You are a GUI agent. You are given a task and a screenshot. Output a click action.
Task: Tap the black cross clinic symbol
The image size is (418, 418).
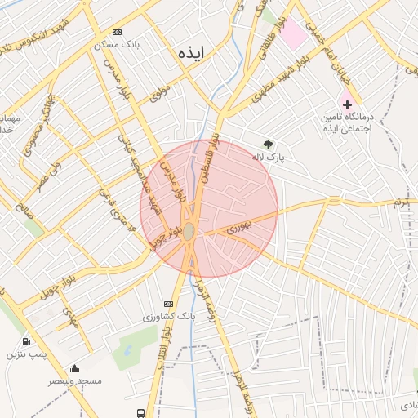tap(347, 104)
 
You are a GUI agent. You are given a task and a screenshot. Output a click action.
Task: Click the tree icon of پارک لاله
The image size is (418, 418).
tap(268, 144)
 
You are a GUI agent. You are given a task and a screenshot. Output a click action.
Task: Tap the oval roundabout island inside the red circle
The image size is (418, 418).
tap(189, 232)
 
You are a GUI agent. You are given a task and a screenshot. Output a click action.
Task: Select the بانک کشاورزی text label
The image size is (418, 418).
tap(171, 315)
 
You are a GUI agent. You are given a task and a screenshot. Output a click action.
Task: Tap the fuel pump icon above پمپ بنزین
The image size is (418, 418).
tap(29, 341)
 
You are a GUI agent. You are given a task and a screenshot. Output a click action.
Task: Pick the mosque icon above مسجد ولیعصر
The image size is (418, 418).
tap(75, 368)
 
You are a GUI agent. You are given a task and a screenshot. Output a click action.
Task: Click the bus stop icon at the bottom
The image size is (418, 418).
tap(141, 412)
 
